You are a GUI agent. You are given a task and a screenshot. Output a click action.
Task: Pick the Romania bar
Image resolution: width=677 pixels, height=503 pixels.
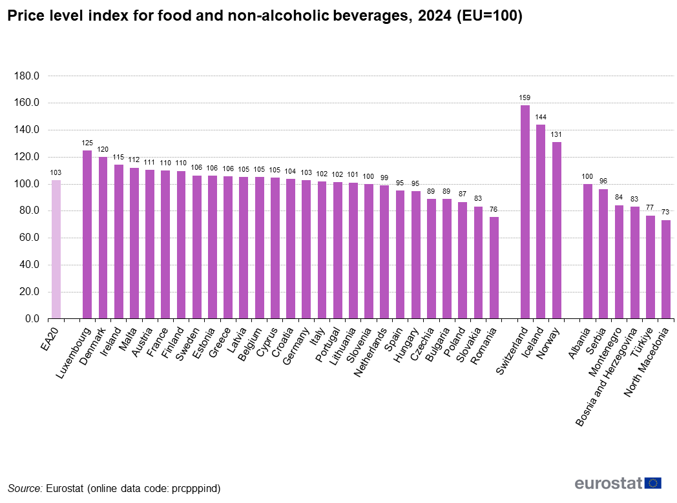point(494,267)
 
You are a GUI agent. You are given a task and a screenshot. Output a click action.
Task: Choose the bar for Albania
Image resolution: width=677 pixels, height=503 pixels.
point(588,251)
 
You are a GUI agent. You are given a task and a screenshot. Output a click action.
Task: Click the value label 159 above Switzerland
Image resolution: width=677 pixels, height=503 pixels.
point(525,98)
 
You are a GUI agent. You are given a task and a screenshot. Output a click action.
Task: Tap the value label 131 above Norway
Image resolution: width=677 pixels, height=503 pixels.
point(556,135)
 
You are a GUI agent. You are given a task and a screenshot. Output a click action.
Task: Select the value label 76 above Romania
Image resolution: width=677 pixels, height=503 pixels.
point(494,209)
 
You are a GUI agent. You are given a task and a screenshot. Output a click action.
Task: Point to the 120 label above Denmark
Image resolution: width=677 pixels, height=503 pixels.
point(103,150)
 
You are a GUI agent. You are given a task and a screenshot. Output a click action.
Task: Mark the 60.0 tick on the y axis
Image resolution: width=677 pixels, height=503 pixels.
point(28,238)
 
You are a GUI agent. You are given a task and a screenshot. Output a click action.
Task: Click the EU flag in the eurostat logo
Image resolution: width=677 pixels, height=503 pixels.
point(653,483)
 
